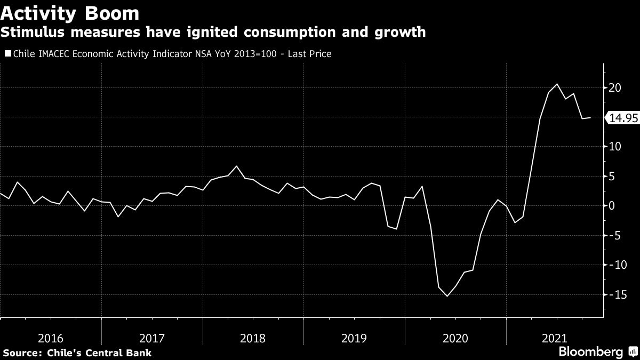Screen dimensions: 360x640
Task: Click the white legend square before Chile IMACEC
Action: (x=7, y=53)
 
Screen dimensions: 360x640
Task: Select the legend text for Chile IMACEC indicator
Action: (x=171, y=54)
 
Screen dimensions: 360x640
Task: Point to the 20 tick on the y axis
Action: (x=614, y=87)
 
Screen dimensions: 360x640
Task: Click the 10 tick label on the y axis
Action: (x=614, y=147)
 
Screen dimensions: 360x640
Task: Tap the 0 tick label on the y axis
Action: (x=611, y=206)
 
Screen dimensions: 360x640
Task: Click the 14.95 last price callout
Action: (x=623, y=118)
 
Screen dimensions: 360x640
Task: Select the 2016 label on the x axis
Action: (x=51, y=338)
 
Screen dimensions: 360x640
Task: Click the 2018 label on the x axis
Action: (x=253, y=338)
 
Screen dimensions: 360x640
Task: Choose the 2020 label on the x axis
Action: (x=455, y=338)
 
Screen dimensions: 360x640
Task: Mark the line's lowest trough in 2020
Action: (x=447, y=296)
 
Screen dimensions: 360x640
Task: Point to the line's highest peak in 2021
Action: (x=557, y=84)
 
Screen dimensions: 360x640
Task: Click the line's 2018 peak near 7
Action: (x=237, y=166)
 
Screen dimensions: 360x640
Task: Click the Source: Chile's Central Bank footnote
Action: (x=77, y=353)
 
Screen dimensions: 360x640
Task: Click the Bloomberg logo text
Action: (x=590, y=352)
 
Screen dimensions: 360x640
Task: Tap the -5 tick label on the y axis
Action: (x=614, y=235)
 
